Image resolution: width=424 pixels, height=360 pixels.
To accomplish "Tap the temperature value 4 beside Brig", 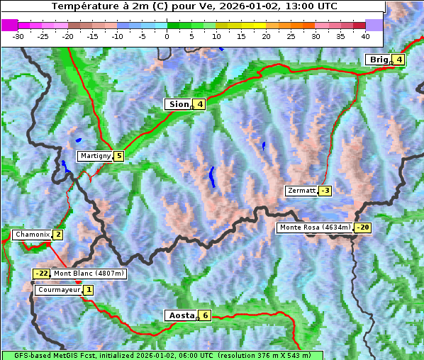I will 399,60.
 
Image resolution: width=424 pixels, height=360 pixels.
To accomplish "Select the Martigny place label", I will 95,156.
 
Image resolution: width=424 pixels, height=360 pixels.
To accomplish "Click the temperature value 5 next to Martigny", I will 118,156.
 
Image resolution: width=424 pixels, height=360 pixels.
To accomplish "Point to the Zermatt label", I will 301,191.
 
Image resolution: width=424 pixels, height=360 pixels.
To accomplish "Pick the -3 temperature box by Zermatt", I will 325,191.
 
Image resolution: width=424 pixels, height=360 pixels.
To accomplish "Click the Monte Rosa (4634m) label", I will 314,227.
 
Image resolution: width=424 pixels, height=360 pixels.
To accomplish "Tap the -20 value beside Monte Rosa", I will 362,227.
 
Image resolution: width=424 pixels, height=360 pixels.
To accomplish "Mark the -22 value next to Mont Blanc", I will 41,274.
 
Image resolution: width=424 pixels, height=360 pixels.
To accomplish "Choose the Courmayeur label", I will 59,290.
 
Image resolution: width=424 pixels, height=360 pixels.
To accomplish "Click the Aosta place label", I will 180,315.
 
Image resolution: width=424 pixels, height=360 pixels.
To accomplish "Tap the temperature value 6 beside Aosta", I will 205,315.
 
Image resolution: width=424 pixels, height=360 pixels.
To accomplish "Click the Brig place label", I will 379,60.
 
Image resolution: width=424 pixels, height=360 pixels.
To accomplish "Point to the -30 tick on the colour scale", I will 18,35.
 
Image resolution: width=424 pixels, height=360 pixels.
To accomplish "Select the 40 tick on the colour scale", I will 365,35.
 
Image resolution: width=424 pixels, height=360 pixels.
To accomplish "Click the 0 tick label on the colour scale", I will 167,35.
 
